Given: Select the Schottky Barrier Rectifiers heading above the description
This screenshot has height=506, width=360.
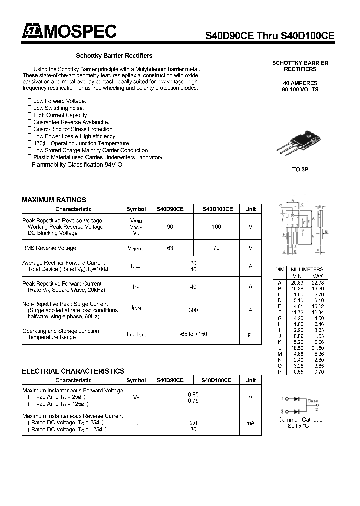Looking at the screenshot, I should point(114,56).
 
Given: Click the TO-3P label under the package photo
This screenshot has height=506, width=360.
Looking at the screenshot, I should point(300,170).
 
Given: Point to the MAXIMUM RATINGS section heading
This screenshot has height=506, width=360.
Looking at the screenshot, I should point(54,200).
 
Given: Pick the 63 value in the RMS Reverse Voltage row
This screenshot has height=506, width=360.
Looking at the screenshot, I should point(170,248).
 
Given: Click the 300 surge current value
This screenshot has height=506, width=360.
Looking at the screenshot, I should point(193,310).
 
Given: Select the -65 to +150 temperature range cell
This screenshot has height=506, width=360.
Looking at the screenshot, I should point(193,334).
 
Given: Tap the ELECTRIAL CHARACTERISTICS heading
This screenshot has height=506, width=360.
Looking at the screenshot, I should point(73,371).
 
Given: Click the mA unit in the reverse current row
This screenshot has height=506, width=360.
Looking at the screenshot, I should point(250,423).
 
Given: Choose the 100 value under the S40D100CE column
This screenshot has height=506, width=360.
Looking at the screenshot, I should point(216,227).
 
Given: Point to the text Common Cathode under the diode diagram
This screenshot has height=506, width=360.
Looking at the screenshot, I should point(300,420).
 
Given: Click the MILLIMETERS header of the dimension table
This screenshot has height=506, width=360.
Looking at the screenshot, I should point(307,269).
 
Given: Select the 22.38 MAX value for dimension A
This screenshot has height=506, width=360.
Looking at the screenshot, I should point(317,283).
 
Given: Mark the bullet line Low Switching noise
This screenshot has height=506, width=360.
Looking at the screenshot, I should point(58,108).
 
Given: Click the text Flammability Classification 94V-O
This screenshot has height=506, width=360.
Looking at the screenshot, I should point(77,165).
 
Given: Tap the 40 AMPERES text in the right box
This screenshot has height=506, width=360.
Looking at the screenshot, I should point(300,83).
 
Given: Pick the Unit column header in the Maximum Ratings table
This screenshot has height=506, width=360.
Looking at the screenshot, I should point(250,209).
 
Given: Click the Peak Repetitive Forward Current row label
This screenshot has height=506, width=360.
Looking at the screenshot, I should point(62,284).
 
